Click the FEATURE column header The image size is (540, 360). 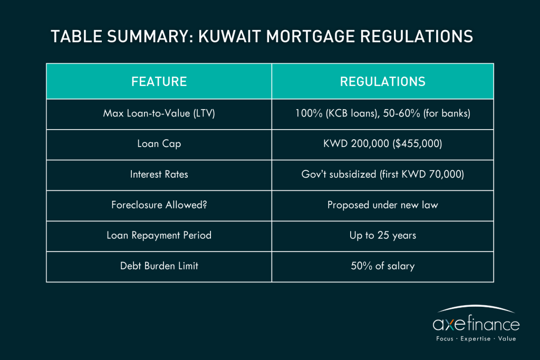pos(159,82)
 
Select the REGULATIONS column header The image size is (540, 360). pos(383,82)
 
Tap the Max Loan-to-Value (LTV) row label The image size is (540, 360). pos(159,113)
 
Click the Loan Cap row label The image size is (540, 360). pos(159,143)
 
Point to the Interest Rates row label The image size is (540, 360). pos(159,174)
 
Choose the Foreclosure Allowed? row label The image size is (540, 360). pos(159,205)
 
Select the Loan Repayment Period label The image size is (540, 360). pos(159,236)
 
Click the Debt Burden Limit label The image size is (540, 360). pos(159,266)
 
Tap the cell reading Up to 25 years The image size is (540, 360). pos(383,236)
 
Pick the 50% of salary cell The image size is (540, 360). pos(383,266)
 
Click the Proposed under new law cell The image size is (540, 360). pos(383,205)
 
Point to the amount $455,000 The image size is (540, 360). pos(418,143)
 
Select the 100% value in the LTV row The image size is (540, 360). pos(309,113)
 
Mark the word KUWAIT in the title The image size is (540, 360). pos(229,36)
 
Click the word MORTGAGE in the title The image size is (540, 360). pos(310,36)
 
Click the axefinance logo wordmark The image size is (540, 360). pos(476,324)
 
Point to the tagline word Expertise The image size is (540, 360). pos(475,339)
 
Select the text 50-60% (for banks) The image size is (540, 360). pos(426,113)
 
